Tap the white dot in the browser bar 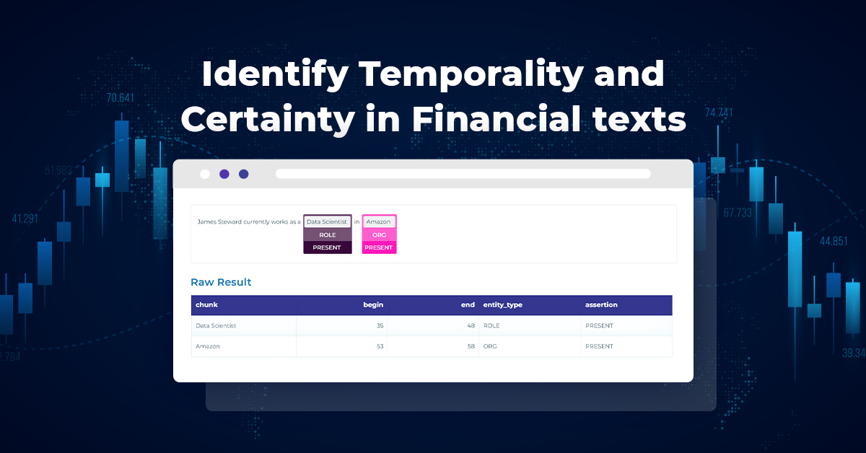click(205, 174)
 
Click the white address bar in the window click(463, 174)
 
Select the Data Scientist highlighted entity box click(327, 221)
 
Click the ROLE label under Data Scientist click(327, 235)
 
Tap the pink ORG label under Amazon click(379, 235)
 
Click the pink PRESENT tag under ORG click(379, 247)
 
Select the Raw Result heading click(221, 282)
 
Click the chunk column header click(206, 305)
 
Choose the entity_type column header click(502, 305)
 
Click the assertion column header click(601, 305)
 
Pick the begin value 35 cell click(380, 326)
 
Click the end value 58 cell click(471, 346)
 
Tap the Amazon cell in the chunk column click(208, 346)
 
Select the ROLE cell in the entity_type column click(491, 326)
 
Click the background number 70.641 click(121, 98)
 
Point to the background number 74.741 click(719, 113)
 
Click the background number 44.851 click(834, 242)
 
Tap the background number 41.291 click(25, 219)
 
